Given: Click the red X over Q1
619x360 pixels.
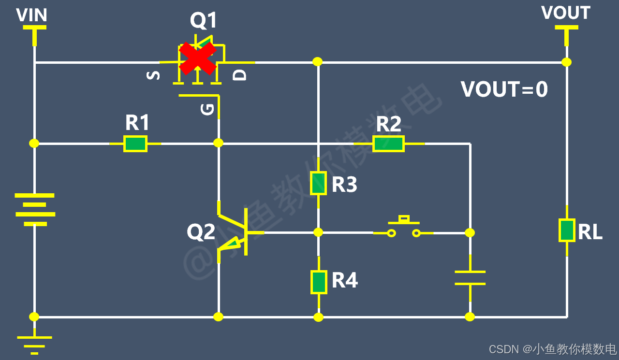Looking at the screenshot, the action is click(x=197, y=58).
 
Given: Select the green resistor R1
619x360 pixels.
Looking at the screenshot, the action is click(x=135, y=144).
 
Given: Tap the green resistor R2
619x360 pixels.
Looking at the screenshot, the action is click(x=388, y=144).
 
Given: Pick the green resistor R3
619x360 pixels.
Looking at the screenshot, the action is click(x=318, y=183).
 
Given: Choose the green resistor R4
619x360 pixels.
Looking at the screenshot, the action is click(x=319, y=282).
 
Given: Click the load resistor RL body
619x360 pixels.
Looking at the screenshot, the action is click(x=567, y=230).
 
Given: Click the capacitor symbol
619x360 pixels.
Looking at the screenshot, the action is click(x=470, y=278).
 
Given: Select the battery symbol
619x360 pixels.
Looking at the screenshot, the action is click(x=35, y=210).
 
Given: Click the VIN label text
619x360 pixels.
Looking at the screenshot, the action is click(x=31, y=15).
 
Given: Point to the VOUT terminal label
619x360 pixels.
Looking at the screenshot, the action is click(x=566, y=13).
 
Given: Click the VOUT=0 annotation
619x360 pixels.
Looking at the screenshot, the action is click(x=504, y=89).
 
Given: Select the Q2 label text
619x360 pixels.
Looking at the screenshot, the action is click(x=201, y=232).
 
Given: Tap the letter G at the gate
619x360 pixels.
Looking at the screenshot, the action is click(x=207, y=109).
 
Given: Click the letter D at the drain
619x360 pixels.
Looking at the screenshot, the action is click(x=239, y=75).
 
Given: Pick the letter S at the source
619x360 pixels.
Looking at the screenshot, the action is click(x=153, y=75).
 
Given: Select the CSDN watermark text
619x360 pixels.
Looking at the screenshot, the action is click(x=553, y=349).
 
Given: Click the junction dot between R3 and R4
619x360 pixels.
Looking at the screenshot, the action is click(x=318, y=232).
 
